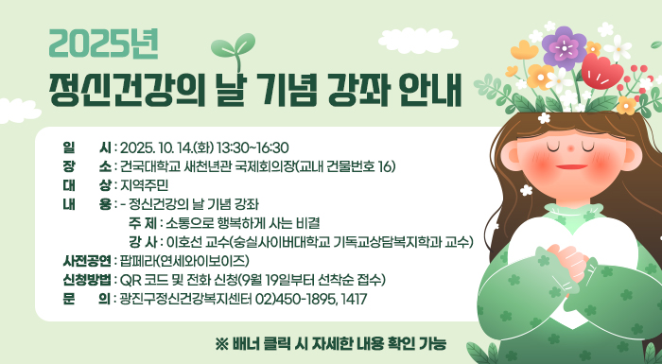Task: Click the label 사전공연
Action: click(85, 260)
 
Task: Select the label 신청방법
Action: click(85, 280)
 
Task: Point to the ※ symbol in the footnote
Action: click(222, 342)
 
